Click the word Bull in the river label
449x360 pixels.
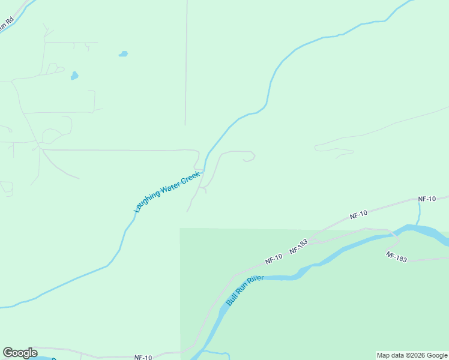[x=231, y=299]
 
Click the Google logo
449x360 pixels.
[x=20, y=353]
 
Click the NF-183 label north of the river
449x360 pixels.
[x=298, y=247]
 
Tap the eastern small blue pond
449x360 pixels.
[x=123, y=54]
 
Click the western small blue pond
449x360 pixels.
[x=74, y=76]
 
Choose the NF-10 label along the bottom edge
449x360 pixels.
[x=143, y=357]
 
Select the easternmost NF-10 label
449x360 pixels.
[x=426, y=199]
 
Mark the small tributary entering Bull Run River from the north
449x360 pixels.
[x=418, y=212]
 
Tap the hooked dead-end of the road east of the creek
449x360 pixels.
[x=248, y=160]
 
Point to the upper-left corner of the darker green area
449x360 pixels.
[x=181, y=229]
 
